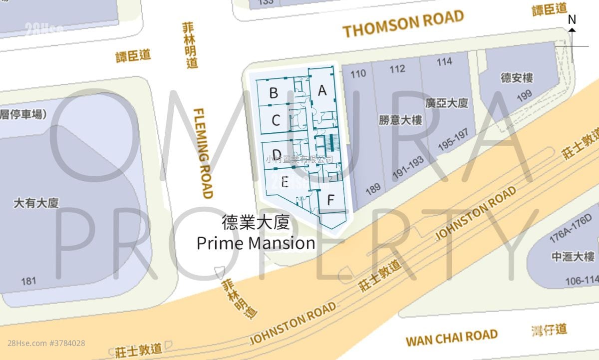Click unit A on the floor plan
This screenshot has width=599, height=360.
322,91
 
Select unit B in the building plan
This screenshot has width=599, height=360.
274,93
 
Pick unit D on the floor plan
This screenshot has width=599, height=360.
277,154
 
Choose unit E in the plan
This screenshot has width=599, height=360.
285,182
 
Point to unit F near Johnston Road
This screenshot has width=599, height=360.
330,200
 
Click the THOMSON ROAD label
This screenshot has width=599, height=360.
403,24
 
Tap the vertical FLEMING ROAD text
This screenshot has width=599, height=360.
203,153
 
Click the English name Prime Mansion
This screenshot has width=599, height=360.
256,243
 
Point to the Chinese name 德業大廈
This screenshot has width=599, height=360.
256,223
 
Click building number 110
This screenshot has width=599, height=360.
358,74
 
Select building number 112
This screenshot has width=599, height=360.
397,69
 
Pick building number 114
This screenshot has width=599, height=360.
444,61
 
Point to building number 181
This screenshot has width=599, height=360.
28,281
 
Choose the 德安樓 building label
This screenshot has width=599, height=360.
517,78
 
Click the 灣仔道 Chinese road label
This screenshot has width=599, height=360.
550,330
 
